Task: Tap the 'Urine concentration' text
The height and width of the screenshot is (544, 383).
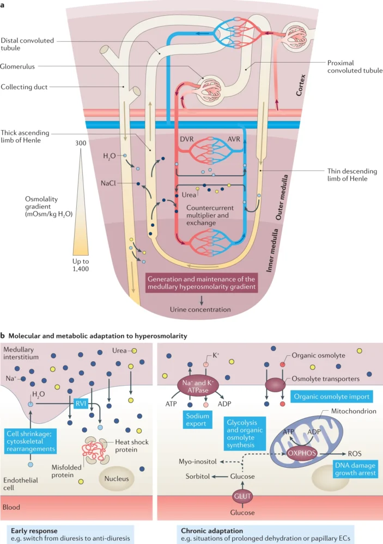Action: pyautogui.click(x=202, y=310)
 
